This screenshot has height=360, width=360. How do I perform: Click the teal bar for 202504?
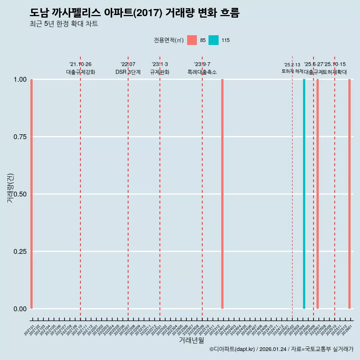pos(304,194)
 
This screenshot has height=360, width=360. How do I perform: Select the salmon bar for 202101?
pos(31,194)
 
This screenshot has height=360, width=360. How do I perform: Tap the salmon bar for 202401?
pos(222,194)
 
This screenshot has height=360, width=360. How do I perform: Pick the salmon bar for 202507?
pos(318,194)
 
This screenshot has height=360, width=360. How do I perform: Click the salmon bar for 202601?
pos(349,194)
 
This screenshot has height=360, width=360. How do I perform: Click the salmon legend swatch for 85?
pos(192,40)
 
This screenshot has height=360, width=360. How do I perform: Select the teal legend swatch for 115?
pos(213,40)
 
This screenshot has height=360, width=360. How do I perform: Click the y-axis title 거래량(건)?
pos(10,188)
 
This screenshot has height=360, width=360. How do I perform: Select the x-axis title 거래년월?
pos(191,340)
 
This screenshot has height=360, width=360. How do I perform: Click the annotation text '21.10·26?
pos(80,64)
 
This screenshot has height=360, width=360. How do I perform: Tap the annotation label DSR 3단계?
pos(128,72)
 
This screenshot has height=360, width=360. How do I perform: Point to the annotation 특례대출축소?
pos(202,72)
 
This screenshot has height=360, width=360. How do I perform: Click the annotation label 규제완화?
pos(160,72)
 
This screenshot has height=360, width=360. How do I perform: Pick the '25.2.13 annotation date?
pos(292,65)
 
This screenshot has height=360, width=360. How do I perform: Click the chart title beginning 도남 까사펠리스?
pos(134,13)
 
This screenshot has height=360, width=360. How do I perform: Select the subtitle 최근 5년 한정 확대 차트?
pos(64,24)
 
